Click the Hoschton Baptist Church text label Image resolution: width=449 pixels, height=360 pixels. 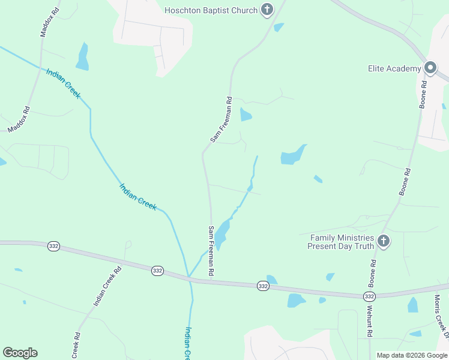(211, 10)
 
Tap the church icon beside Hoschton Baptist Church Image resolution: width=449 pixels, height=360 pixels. (267, 10)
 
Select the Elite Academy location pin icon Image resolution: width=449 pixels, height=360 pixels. (430, 68)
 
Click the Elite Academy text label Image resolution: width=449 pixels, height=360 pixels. (394, 69)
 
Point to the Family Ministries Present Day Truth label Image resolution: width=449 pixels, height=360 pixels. (341, 242)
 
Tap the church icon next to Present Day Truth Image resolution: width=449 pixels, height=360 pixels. (384, 242)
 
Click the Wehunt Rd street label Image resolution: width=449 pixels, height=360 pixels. (370, 325)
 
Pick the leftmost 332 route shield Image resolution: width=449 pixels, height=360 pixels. (53, 247)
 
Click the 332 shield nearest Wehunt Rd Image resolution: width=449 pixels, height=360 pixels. (369, 296)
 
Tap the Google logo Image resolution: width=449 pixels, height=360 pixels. (20, 353)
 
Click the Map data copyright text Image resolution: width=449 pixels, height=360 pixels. (412, 355)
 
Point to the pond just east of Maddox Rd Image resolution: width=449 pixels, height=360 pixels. (82, 57)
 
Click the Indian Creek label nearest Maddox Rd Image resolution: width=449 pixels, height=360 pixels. (62, 83)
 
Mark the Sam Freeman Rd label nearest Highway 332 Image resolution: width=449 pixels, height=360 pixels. (211, 251)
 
